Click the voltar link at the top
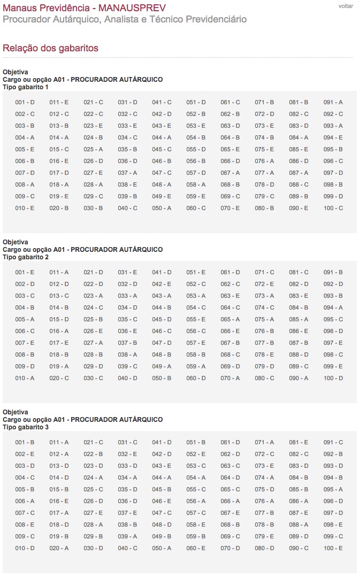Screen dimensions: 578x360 click(346, 6)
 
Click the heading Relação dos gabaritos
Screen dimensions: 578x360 click(50, 48)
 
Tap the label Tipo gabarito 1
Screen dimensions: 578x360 click(26, 87)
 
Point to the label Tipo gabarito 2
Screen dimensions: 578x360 click(26, 257)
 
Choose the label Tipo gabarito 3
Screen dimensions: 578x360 click(26, 427)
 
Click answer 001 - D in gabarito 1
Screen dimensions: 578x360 click(25, 102)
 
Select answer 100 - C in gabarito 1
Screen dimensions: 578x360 click(333, 208)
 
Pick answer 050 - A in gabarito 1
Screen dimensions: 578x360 click(162, 208)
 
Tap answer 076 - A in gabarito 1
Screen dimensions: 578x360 click(264, 161)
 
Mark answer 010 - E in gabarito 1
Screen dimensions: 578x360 click(25, 208)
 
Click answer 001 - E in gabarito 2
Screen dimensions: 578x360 click(25, 272)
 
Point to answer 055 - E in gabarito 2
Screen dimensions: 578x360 click(196, 319)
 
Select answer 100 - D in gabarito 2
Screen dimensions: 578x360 click(333, 378)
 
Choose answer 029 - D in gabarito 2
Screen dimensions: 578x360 click(93, 366)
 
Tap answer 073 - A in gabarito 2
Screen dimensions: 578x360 click(264, 296)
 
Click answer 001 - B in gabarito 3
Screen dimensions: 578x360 click(25, 442)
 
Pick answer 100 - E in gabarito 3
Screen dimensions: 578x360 click(333, 548)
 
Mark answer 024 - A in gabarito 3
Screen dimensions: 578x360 click(93, 477)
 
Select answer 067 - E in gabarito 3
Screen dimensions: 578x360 click(230, 513)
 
